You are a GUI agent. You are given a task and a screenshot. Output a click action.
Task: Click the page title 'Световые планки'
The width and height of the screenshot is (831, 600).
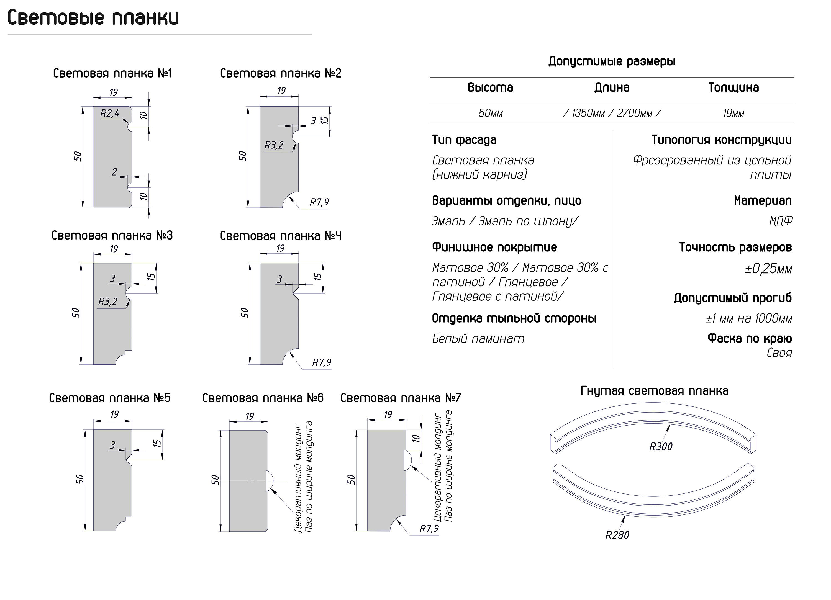pyautogui.click(x=93, y=18)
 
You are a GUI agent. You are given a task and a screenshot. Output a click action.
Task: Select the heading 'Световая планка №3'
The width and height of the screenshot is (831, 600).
pyautogui.click(x=112, y=235)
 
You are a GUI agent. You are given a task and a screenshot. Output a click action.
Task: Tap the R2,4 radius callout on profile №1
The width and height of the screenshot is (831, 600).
pyautogui.click(x=110, y=114)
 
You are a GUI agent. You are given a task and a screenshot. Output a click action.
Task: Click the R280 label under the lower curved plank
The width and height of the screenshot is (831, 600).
pyautogui.click(x=617, y=535)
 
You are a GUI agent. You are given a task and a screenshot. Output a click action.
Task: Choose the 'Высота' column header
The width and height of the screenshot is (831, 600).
pyautogui.click(x=490, y=87)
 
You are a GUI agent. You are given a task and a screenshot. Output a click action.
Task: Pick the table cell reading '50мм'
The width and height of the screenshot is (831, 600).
pyautogui.click(x=491, y=113)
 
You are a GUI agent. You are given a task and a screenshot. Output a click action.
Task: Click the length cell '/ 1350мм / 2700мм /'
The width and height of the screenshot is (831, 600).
pyautogui.click(x=612, y=113)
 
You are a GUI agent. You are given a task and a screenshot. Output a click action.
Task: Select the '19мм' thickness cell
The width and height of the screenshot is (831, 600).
pyautogui.click(x=733, y=113)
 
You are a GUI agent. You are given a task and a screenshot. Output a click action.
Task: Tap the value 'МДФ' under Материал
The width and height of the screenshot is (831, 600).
pyautogui.click(x=781, y=221)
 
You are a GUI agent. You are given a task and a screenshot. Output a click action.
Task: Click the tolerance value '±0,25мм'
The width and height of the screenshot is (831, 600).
pyautogui.click(x=768, y=269)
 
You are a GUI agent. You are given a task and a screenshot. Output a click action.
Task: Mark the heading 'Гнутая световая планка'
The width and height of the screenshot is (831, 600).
pyautogui.click(x=654, y=391)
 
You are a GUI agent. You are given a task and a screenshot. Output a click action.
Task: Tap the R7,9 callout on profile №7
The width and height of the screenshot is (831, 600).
pyautogui.click(x=429, y=529)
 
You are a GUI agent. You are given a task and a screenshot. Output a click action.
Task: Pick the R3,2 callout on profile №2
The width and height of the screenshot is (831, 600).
pyautogui.click(x=274, y=145)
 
